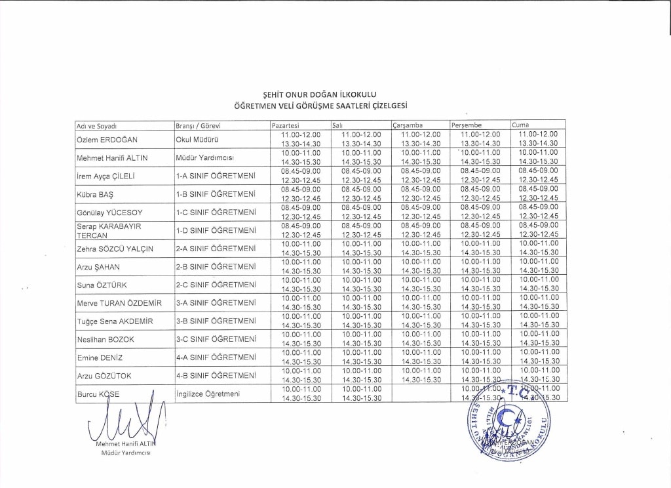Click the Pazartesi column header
(286, 125)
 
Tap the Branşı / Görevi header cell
(198, 125)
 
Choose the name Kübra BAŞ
(92, 194)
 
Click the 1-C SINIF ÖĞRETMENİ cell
(216, 213)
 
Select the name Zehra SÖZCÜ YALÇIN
(115, 249)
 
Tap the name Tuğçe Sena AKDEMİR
(115, 321)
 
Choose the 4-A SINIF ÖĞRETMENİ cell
(216, 357)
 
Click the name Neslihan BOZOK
(105, 339)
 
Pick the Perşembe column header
(467, 125)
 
